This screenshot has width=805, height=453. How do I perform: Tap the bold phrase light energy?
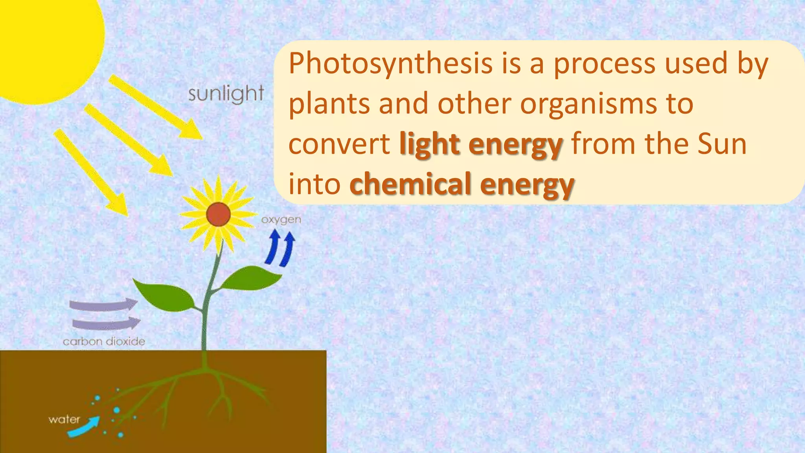(481, 144)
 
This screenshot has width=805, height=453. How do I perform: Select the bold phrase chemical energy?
(462, 184)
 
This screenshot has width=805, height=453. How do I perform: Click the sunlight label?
(226, 94)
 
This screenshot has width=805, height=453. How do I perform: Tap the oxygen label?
(281, 220)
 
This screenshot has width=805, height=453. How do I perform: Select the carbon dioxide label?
(104, 341)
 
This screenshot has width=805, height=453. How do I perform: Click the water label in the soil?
(64, 420)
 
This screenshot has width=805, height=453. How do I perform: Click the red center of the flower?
(218, 214)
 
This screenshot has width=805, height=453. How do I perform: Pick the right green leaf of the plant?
(252, 278)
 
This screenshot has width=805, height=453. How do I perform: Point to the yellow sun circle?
(43, 43)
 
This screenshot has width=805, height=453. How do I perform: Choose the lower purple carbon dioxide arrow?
(106, 323)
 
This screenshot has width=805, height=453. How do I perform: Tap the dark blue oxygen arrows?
(280, 249)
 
